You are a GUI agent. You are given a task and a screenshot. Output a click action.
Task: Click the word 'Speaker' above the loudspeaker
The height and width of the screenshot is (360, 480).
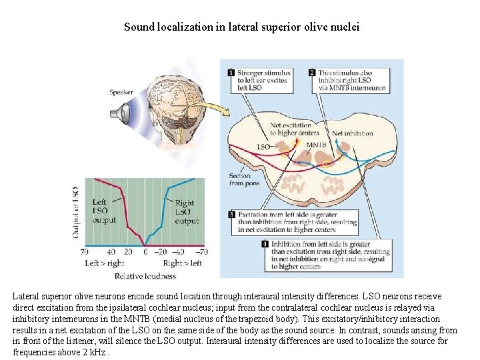(x=121, y=92)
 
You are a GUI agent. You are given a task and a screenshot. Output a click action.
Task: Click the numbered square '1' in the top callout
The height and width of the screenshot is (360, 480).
(x=231, y=73)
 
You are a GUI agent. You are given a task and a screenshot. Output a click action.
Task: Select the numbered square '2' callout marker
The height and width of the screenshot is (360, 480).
(x=312, y=73)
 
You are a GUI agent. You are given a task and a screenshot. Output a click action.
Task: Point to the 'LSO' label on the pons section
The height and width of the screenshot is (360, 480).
(x=263, y=146)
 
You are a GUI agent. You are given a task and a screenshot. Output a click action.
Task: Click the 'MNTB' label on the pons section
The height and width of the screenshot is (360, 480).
(x=315, y=144)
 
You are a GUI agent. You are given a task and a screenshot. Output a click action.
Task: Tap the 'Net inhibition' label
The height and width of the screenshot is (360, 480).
(x=352, y=133)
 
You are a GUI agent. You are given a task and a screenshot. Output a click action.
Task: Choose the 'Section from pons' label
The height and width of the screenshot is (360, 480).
(x=239, y=180)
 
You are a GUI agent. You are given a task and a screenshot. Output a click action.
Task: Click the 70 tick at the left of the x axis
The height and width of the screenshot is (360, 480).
(x=85, y=252)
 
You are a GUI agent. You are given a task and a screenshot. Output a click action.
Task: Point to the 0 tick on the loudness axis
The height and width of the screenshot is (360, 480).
(x=146, y=252)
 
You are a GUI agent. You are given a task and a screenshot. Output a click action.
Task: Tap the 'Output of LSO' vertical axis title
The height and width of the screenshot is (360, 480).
(x=75, y=212)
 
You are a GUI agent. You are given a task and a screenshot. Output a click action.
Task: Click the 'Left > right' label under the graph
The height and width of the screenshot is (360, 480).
(x=105, y=263)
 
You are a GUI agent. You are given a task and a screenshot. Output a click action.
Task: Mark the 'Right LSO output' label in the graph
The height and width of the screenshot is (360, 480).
(x=185, y=212)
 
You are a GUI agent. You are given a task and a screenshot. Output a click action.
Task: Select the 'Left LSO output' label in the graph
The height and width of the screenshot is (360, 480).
(x=103, y=211)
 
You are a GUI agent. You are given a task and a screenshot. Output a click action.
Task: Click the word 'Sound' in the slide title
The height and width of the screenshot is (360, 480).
(x=138, y=28)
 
